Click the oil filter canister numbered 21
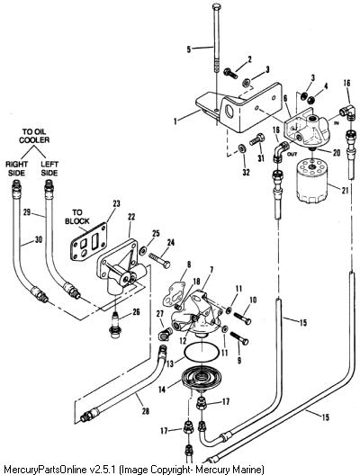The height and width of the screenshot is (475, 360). point(312,181)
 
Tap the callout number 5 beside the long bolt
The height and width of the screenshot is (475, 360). point(189,49)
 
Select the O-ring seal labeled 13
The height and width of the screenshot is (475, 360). point(202,352)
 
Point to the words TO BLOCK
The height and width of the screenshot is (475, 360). point(77,217)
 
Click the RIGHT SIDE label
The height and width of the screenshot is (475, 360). point(16,168)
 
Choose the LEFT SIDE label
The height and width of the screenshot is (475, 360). point(49,168)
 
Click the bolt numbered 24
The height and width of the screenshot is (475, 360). point(159,260)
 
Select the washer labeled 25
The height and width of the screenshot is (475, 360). point(142,250)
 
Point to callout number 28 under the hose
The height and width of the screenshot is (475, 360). point(146,411)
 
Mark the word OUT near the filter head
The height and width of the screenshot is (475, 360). point(292,154)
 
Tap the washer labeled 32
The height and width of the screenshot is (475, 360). point(242,148)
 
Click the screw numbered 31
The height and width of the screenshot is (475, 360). point(257,140)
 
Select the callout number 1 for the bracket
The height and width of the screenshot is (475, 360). point(175,121)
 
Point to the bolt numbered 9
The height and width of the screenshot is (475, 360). point(239,337)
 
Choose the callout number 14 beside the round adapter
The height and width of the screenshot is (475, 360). point(162,390)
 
